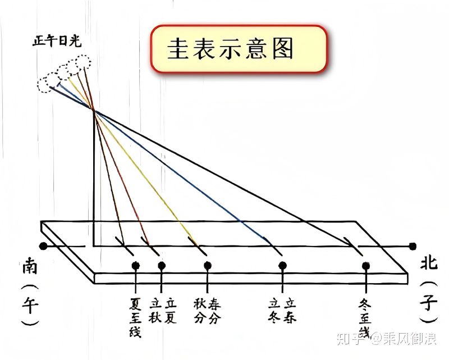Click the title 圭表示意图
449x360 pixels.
point(230,49)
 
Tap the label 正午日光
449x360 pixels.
point(57,41)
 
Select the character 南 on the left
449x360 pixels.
point(30,266)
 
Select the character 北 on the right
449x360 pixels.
point(429,262)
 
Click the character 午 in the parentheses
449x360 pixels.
point(30,305)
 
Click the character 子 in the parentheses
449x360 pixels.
point(429,302)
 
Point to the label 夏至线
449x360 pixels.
point(135,317)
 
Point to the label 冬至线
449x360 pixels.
point(365,318)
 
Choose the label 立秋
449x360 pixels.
point(155,311)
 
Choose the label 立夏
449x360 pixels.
point(171,311)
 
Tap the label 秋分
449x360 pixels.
point(200,311)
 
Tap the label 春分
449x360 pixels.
point(214,311)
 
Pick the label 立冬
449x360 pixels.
point(274,311)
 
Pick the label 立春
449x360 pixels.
point(290,311)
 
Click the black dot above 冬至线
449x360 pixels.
point(366,266)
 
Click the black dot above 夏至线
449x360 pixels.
point(136,266)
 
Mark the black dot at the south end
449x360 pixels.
point(43,246)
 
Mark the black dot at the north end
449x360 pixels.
point(413,246)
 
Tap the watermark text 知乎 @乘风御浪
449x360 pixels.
point(387,339)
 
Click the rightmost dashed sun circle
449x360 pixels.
point(83,62)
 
